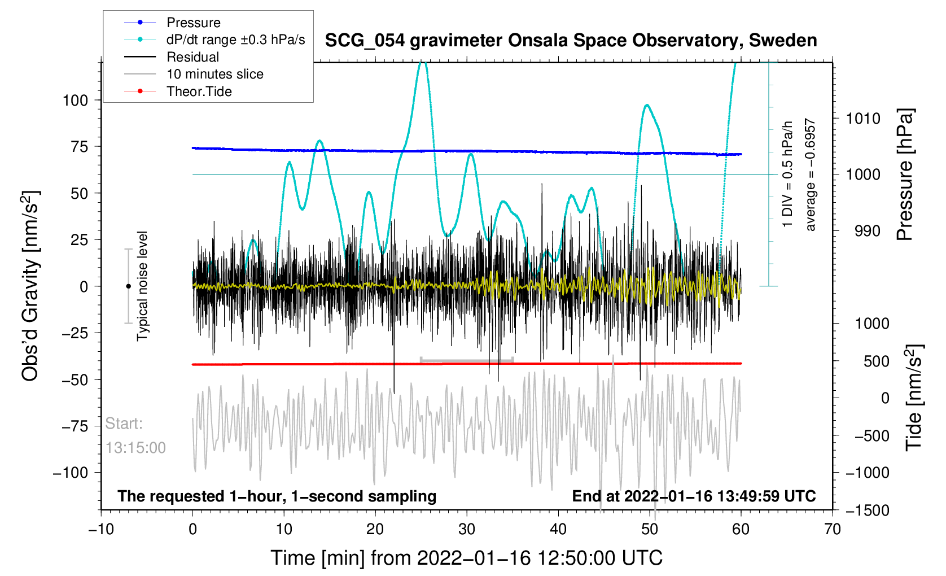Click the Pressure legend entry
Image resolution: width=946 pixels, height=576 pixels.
click(193, 23)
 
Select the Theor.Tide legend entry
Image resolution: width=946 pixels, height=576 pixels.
click(199, 91)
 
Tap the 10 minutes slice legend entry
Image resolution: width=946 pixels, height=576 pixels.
click(214, 74)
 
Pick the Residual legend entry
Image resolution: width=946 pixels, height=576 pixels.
click(192, 57)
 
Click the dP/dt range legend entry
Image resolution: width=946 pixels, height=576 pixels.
click(235, 40)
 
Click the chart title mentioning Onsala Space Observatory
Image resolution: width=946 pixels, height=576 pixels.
click(571, 41)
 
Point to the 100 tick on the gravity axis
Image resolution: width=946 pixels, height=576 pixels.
click(76, 101)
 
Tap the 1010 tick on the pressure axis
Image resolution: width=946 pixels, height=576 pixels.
click(863, 119)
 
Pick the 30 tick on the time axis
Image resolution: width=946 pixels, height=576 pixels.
click(467, 529)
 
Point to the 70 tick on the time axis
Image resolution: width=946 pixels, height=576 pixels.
click(833, 529)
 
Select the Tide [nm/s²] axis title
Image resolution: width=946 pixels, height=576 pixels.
click(913, 398)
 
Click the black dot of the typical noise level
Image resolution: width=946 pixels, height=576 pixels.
click(128, 286)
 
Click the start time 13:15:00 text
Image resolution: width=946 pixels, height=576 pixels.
click(135, 448)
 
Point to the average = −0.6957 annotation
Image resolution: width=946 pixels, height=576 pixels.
click(811, 174)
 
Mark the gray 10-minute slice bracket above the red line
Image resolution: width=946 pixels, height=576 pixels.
click(467, 359)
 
